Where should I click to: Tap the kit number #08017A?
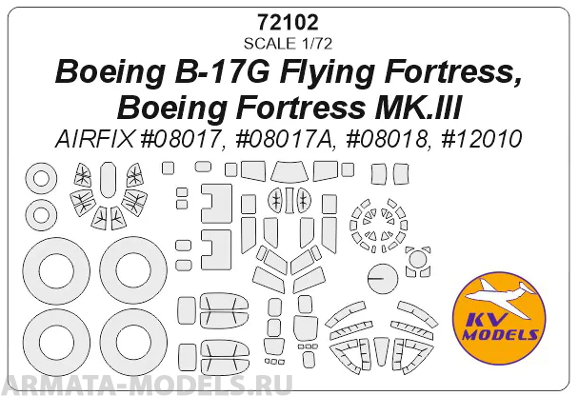(283, 139)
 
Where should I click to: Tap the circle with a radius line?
(381, 278)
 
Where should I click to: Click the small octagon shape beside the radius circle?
(417, 259)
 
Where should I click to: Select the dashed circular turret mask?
(374, 221)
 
